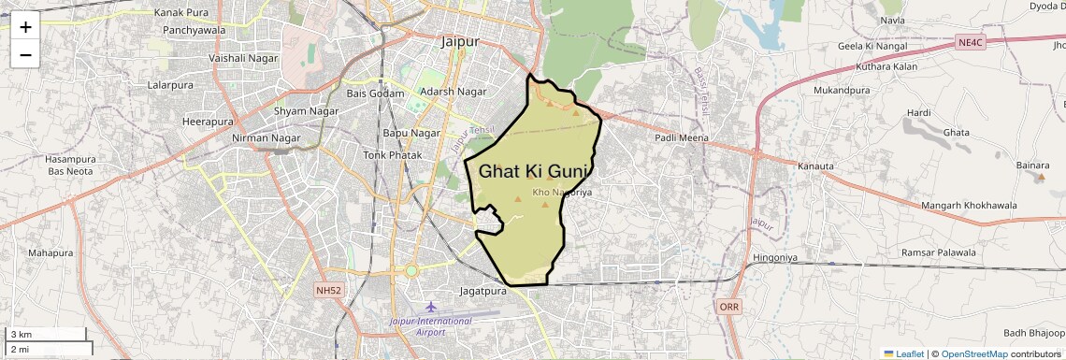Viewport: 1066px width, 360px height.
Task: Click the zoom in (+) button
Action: (x=25, y=27)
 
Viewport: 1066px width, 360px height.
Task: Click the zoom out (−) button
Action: (x=25, y=54)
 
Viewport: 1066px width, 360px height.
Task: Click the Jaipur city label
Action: (x=459, y=42)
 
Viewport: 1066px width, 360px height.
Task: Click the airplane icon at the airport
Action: (x=430, y=307)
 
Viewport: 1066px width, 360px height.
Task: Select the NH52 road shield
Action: (x=328, y=291)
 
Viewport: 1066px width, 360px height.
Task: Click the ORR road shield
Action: (x=729, y=307)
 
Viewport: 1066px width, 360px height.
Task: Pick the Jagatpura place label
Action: (x=483, y=292)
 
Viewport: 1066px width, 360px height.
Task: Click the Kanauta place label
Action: (x=815, y=166)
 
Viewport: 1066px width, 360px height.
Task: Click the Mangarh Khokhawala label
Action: (x=968, y=205)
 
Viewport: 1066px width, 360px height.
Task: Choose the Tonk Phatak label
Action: (x=388, y=154)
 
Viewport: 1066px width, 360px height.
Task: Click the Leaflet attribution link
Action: (x=903, y=353)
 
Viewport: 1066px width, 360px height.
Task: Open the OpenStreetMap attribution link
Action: (x=973, y=353)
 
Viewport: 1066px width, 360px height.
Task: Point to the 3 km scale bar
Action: (x=46, y=334)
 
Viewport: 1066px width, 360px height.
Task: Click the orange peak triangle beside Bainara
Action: (x=1042, y=176)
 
